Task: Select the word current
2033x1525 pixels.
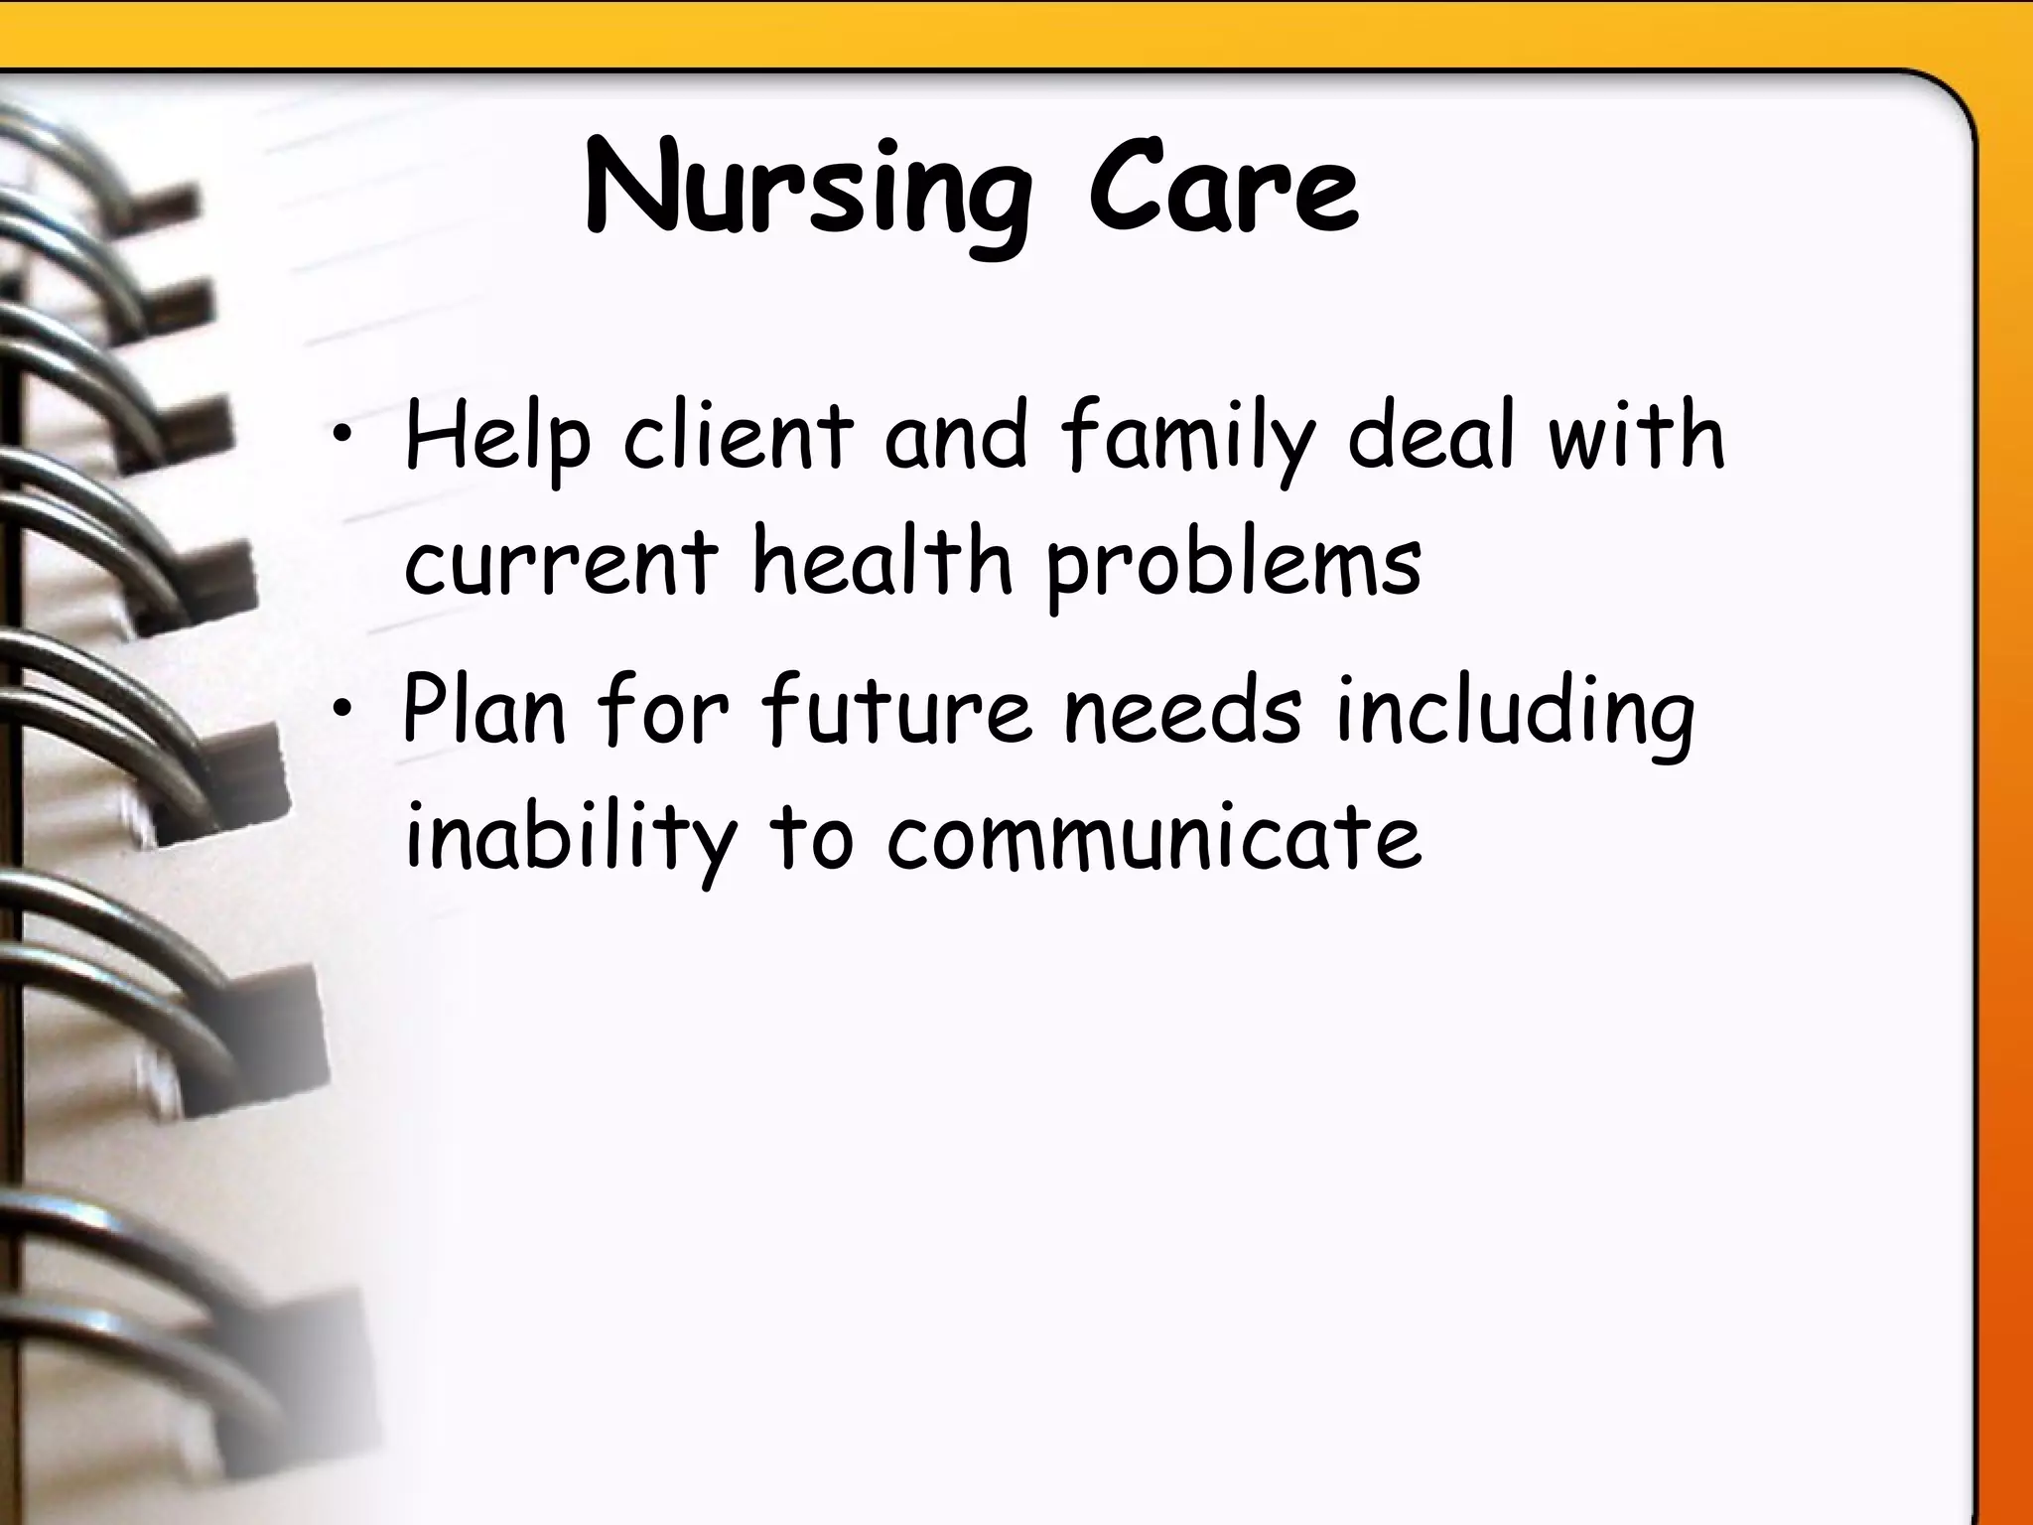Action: [561, 563]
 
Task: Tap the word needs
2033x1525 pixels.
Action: [1182, 711]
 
